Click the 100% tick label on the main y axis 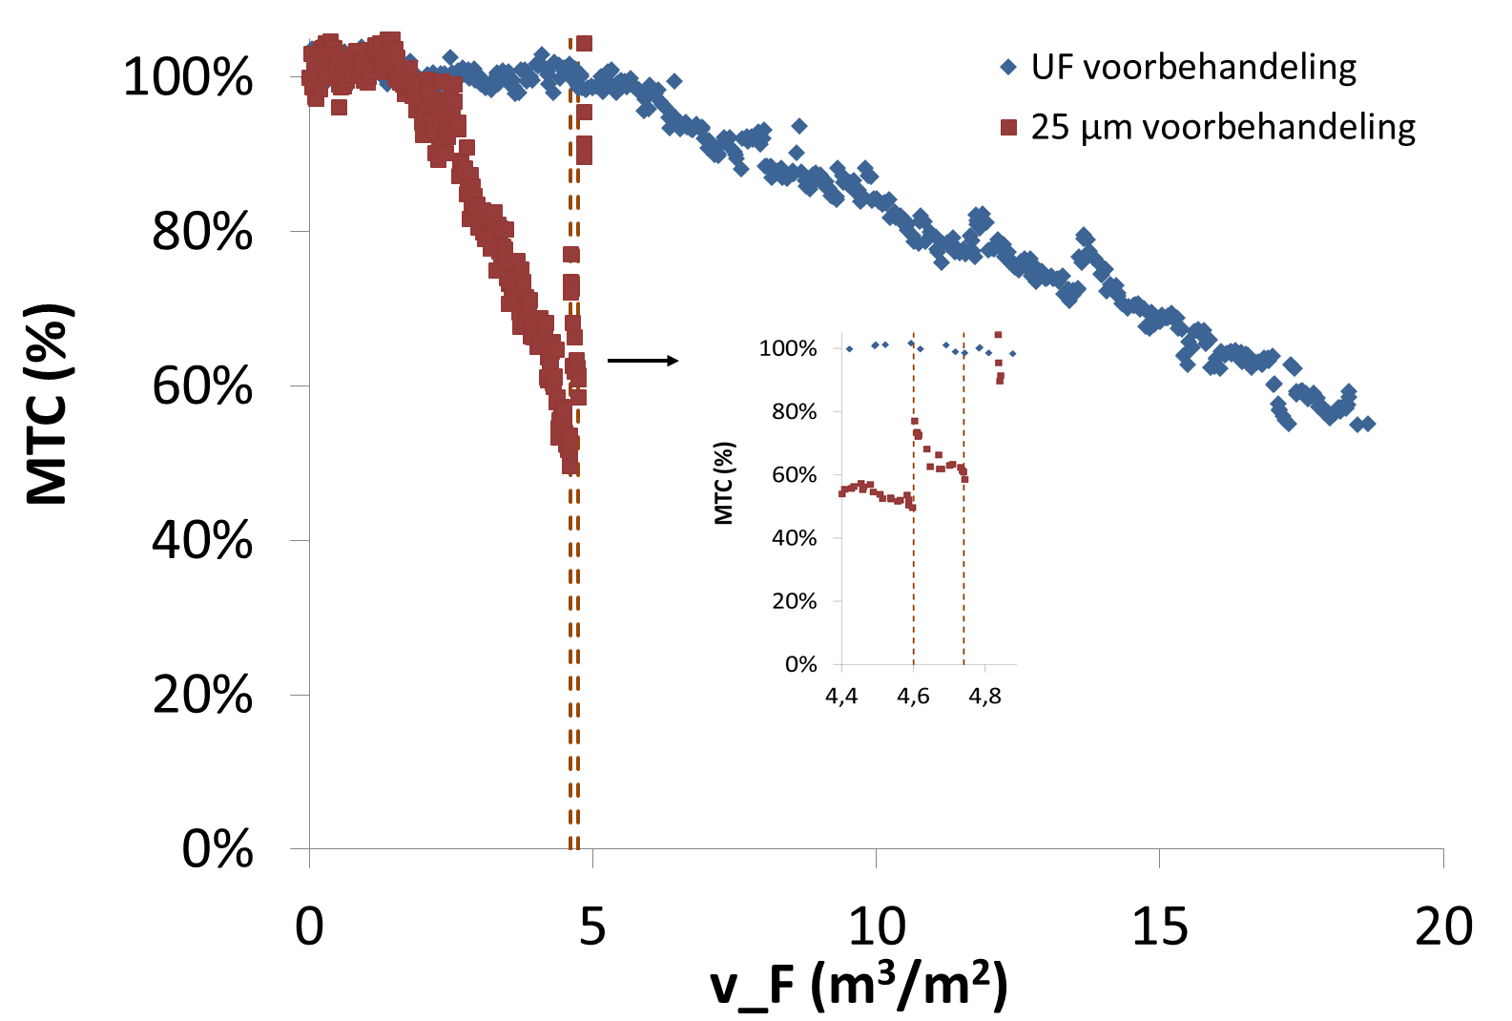point(188,77)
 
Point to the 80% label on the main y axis point(202,232)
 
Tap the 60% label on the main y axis point(202,386)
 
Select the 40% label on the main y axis point(202,540)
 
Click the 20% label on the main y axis point(202,695)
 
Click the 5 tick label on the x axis point(592,927)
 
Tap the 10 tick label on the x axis point(876,927)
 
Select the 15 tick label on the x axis point(1160,927)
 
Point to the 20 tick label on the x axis point(1443,927)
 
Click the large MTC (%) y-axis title point(48,404)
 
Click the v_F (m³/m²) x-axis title point(859,985)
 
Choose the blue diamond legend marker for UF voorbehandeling point(1008,68)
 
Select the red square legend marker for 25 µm point(1008,127)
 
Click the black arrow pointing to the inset point(643,361)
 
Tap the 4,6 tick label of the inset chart point(913,697)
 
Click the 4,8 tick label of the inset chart point(984,697)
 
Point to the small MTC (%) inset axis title point(724,484)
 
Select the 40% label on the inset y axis point(795,538)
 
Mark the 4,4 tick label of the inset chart point(841,697)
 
